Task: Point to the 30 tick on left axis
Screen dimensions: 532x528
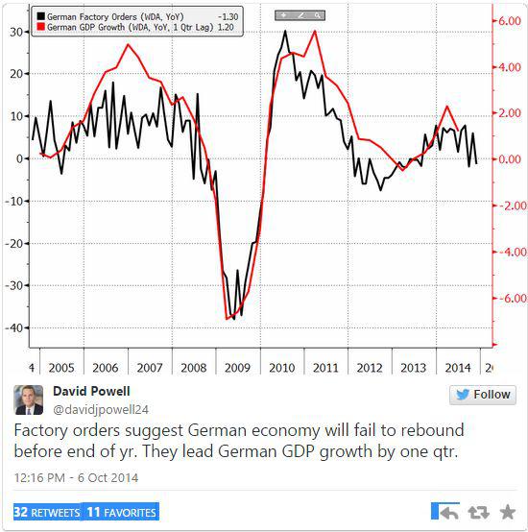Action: (16, 32)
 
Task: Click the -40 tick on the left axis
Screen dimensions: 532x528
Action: (14, 328)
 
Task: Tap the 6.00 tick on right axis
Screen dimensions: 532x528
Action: (506, 20)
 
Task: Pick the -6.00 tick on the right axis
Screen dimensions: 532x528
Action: (505, 299)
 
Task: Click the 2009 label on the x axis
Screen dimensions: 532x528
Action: (237, 368)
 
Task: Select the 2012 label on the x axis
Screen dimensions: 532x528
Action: (370, 368)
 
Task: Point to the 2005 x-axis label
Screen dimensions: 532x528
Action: (60, 368)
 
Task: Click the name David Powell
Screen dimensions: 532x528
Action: (92, 391)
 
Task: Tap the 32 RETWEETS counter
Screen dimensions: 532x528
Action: (47, 512)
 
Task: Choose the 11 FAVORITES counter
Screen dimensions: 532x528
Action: (121, 512)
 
